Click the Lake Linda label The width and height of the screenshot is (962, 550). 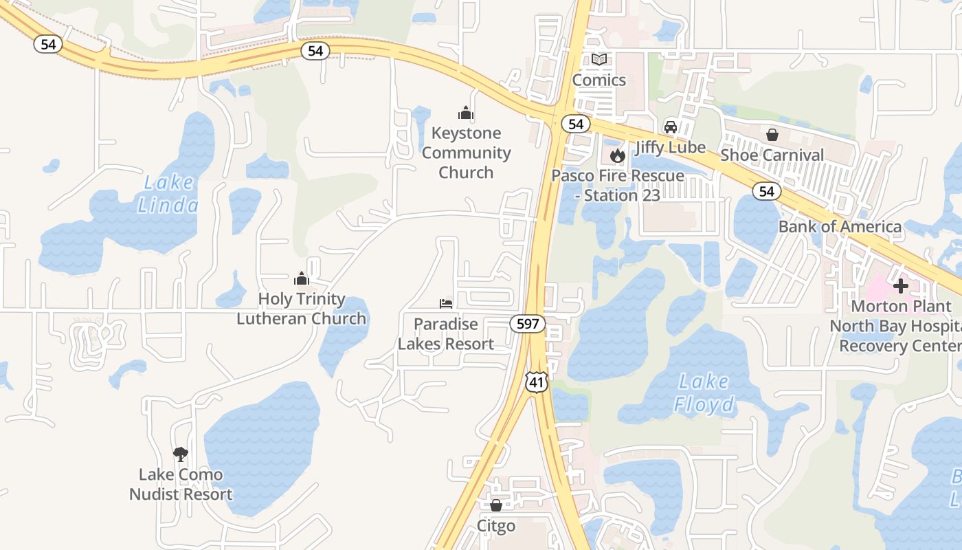[168, 194]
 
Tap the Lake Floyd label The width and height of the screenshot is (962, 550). [704, 393]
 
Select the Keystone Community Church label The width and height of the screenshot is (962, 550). [466, 153]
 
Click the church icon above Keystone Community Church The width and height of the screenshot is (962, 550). [466, 113]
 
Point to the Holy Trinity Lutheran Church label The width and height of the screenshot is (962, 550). [302, 309]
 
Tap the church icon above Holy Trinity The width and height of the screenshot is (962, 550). [302, 278]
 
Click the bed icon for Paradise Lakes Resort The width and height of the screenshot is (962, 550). [446, 303]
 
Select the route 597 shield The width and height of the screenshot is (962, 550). [528, 324]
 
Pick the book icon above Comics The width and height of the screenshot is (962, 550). [599, 60]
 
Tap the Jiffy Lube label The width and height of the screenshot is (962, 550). [670, 147]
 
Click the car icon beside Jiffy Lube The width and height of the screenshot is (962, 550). [670, 127]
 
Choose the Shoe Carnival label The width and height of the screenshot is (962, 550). [772, 155]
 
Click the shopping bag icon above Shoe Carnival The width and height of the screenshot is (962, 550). [772, 134]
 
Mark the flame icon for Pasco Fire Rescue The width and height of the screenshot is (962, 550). [617, 155]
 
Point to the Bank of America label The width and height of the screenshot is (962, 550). [840, 226]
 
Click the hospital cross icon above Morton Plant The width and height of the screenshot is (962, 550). [901, 285]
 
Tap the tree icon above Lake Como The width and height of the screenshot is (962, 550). [181, 454]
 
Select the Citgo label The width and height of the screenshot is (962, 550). [496, 526]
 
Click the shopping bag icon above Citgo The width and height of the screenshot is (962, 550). [496, 505]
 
